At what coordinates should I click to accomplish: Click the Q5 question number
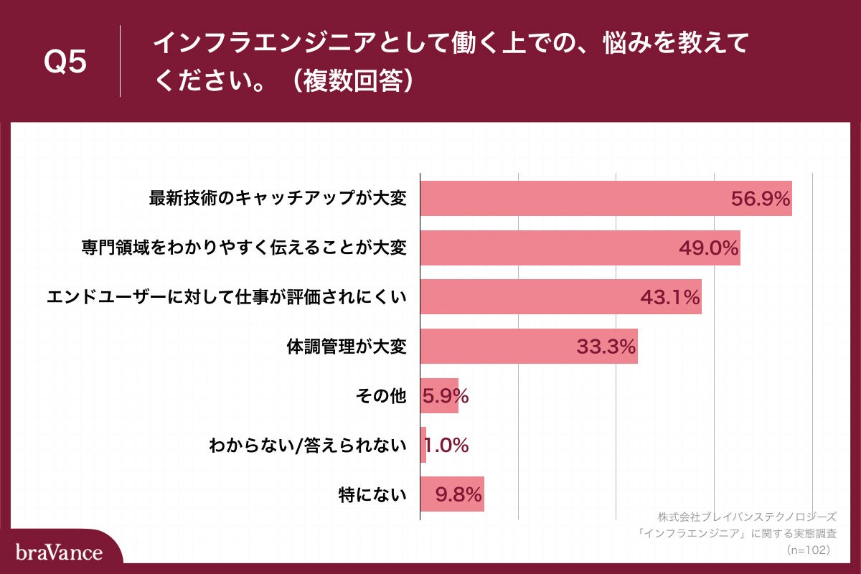coord(65,62)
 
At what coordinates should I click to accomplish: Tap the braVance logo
coord(59,552)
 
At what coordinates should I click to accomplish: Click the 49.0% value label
coord(709,248)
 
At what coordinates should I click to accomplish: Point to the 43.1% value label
coord(670,298)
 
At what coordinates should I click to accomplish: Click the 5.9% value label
coord(446,396)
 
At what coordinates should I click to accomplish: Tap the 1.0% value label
coord(446,446)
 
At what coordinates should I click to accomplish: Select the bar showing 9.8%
coord(452,494)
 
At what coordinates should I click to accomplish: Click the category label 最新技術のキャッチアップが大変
coord(278,199)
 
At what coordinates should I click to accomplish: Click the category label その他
coord(382,396)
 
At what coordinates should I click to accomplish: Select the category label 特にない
coord(372,494)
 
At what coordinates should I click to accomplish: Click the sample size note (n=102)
coord(808,550)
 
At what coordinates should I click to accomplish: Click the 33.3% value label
coord(606,347)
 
